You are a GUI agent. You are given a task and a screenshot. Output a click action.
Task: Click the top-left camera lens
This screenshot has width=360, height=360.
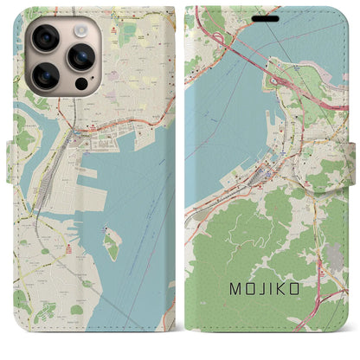coord(47,38)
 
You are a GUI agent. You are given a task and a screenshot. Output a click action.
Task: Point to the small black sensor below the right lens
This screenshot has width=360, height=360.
coord(80,86)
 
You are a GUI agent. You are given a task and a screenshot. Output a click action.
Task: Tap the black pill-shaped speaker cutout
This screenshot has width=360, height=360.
coord(266,17)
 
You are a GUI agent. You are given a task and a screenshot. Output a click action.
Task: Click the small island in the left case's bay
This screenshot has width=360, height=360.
coord(111,245)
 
